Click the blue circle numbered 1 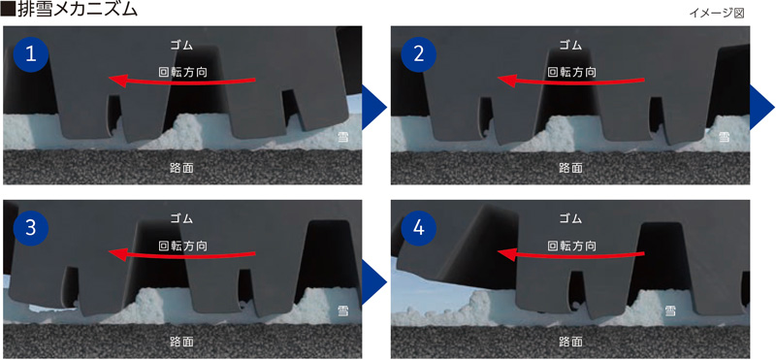click(31, 54)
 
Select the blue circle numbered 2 click(419, 54)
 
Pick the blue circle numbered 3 click(31, 229)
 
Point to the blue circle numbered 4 click(419, 229)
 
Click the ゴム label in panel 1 click(181, 45)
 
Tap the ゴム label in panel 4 click(570, 218)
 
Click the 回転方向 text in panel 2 click(571, 72)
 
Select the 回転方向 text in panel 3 click(182, 245)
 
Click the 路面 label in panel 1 click(181, 167)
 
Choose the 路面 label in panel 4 click(570, 342)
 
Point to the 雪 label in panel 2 click(724, 137)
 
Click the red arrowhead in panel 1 click(116, 80)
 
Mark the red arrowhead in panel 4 click(505, 254)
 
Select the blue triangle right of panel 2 click(762, 107)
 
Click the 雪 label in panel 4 click(670, 311)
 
